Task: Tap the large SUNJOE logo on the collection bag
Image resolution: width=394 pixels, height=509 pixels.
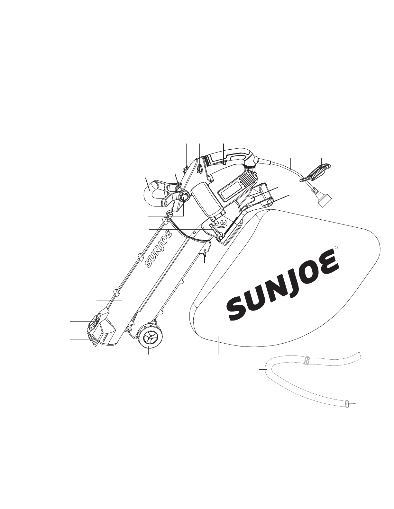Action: tap(283, 285)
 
